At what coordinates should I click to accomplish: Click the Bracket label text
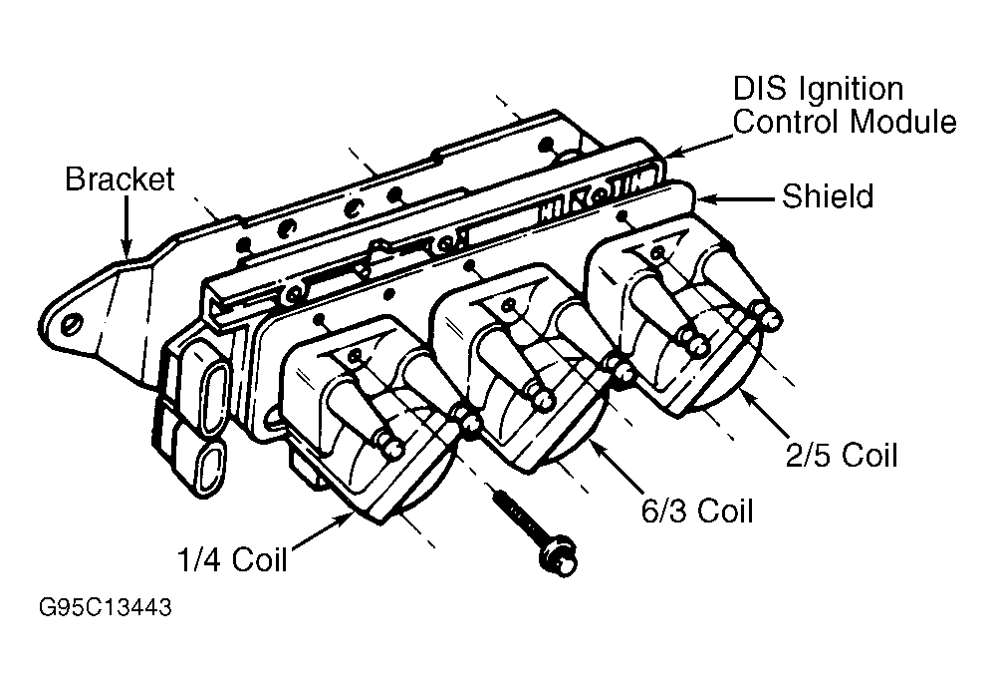pos(120,179)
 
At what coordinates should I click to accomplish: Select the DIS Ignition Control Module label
pos(845,105)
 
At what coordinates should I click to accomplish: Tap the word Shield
pos(827,196)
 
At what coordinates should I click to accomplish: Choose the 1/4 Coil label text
pos(231,559)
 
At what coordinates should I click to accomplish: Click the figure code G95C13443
pos(105,608)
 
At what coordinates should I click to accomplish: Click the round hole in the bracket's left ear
pos(71,326)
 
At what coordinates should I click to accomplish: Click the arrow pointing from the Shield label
pos(737,199)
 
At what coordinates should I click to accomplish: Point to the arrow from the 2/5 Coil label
pos(772,419)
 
